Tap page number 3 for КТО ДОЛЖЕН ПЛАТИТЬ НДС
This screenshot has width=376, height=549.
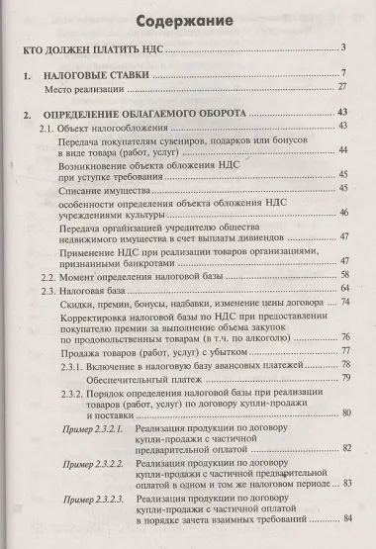[339, 46]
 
